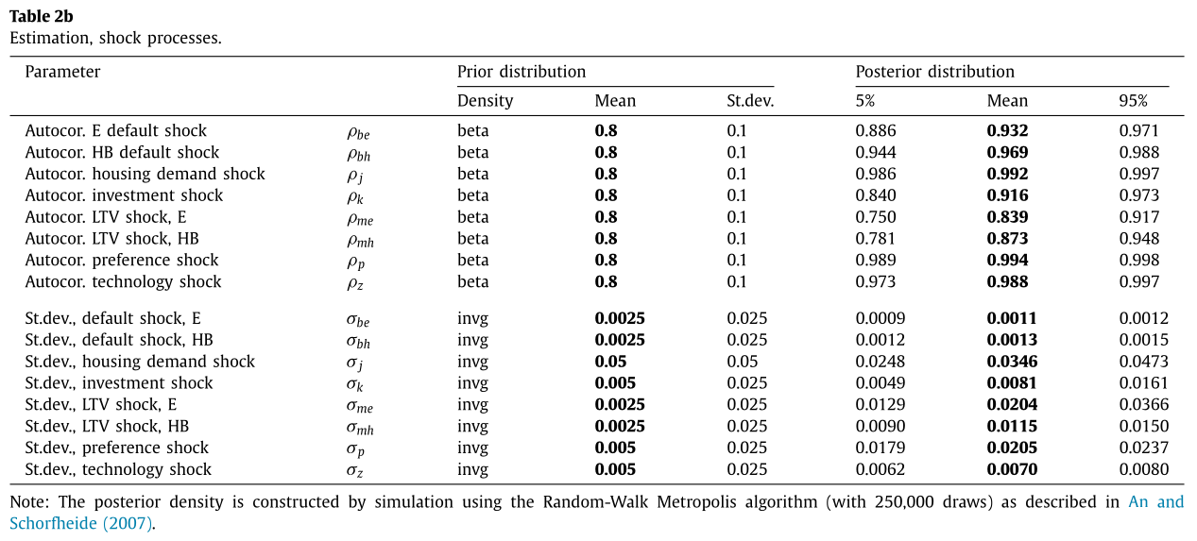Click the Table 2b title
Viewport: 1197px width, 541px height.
click(42, 17)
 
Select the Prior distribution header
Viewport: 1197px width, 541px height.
click(521, 72)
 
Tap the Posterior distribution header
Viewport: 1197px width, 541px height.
click(934, 72)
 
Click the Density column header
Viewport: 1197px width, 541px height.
click(485, 101)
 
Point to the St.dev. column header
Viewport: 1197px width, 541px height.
click(750, 101)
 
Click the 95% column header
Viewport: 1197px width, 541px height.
click(1133, 101)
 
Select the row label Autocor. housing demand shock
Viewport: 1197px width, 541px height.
click(145, 174)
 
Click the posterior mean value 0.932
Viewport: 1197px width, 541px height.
click(1007, 131)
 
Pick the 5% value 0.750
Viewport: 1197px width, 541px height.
click(875, 217)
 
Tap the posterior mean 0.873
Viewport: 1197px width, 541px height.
click(1007, 239)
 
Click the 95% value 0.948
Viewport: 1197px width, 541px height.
click(1138, 239)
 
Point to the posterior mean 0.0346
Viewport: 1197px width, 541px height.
click(1012, 362)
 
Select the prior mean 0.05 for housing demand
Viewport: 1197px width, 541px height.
click(610, 362)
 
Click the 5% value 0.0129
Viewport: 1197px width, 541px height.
click(881, 405)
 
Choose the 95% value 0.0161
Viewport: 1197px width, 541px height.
click(1143, 383)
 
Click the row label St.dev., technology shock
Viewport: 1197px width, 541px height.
click(118, 469)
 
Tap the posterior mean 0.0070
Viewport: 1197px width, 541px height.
click(1012, 469)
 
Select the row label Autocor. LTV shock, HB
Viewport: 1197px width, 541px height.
click(111, 239)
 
